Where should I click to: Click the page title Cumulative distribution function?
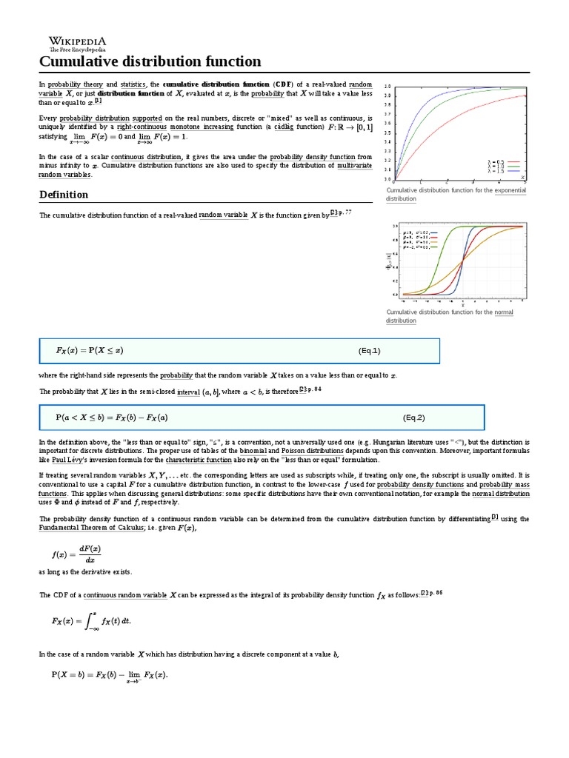tap(150, 61)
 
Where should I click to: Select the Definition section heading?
tap(63, 195)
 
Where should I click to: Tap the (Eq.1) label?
tap(370, 351)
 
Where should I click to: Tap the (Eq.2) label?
tap(414, 417)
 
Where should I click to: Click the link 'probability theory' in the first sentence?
tap(71, 84)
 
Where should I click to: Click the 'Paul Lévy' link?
tap(64, 460)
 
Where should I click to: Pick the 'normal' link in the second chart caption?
tap(504, 312)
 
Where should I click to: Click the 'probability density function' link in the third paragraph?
tap(312, 157)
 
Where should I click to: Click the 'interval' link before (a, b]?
tap(188, 392)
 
